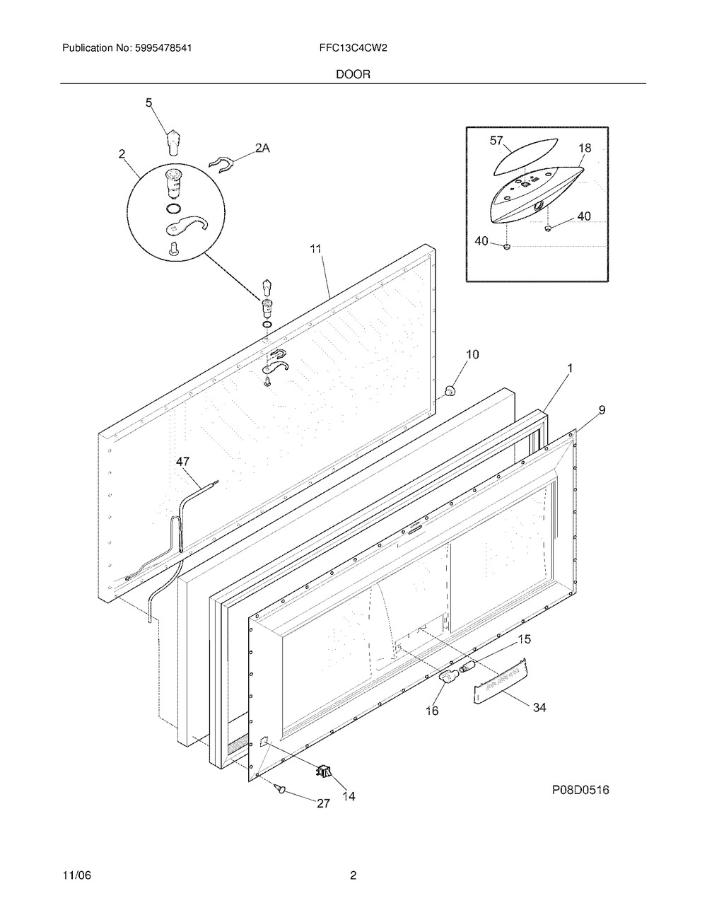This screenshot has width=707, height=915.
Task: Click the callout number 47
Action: [x=183, y=462]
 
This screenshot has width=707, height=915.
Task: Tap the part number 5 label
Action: [x=149, y=103]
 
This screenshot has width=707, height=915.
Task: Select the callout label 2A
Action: [x=262, y=148]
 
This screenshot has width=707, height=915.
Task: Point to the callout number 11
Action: [x=315, y=249]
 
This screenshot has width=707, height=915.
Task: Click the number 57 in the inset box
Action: [x=497, y=141]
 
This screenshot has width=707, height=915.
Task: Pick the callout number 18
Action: [x=585, y=148]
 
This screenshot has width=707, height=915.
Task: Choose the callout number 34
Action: [x=539, y=706]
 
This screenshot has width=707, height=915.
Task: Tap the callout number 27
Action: [x=322, y=803]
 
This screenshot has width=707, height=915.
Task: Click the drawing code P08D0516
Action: [x=580, y=791]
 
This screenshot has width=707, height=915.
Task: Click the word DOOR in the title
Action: [x=353, y=74]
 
